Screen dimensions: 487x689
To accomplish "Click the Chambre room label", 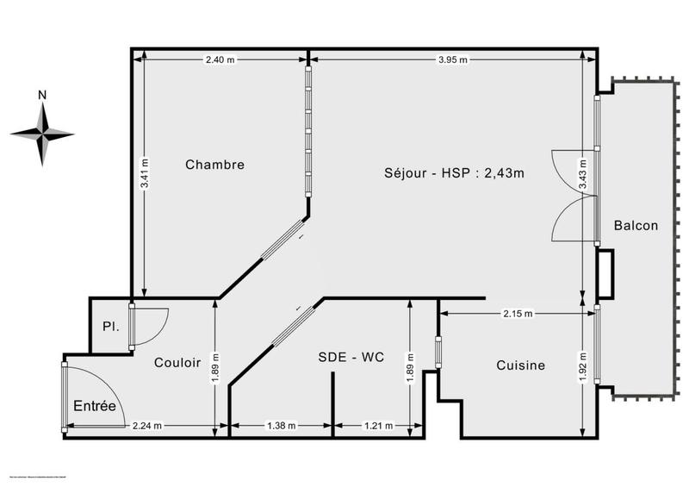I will coord(215,165).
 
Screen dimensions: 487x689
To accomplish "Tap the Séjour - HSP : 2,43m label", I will coord(454,172).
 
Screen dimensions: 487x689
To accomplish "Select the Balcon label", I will coord(636,226).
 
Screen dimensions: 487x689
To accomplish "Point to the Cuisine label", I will coord(521,365).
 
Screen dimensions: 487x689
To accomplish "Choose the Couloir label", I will coord(177,364).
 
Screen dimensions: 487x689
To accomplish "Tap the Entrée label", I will coord(94,406).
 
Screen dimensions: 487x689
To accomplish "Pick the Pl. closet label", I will coord(109,328).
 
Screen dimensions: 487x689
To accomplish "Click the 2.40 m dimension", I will coord(220,59).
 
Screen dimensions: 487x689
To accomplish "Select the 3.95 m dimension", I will coord(452,59).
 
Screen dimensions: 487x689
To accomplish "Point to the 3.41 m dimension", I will coord(145,173).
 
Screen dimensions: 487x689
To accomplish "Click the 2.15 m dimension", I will coord(517,312).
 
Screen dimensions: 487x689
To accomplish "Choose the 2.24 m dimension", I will coord(146,425).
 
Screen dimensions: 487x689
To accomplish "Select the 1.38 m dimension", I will coord(281,425).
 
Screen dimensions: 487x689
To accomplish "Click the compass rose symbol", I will coord(41,133).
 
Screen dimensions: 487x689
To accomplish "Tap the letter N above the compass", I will coord(41,94).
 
